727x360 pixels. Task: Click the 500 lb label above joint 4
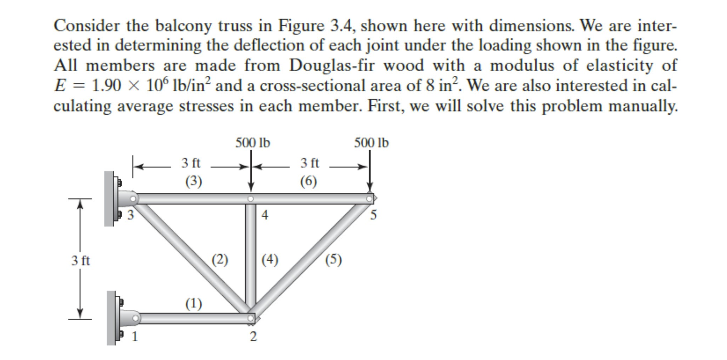(253, 143)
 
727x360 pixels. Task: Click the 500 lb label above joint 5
(371, 143)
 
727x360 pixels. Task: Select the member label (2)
(220, 260)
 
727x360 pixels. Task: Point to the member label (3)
(194, 181)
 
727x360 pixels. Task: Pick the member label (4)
(270, 260)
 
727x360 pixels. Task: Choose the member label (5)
(333, 260)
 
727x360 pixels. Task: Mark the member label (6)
(308, 181)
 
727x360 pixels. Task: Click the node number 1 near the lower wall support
(135, 336)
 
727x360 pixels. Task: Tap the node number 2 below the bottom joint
(253, 337)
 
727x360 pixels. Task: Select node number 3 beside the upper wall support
(130, 214)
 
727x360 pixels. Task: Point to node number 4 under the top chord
(265, 215)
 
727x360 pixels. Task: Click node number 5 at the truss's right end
(373, 215)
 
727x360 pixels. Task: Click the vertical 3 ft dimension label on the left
(81, 261)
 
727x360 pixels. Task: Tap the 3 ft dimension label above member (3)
(191, 163)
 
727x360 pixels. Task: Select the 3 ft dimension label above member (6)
(309, 163)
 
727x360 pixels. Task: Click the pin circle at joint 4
(250, 199)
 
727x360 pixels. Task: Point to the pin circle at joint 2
(250, 318)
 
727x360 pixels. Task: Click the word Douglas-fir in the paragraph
(331, 66)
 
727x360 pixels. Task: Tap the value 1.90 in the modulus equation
(106, 86)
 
